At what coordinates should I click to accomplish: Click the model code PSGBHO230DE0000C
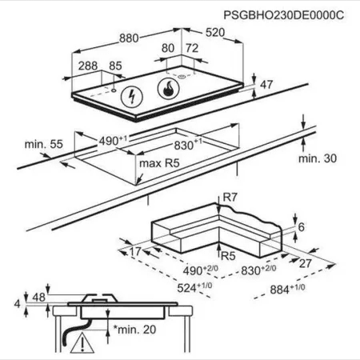pyautogui.click(x=283, y=15)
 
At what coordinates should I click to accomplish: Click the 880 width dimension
pyautogui.click(x=129, y=38)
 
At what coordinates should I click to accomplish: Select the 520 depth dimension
pyautogui.click(x=215, y=32)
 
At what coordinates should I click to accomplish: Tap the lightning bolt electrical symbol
pyautogui.click(x=132, y=97)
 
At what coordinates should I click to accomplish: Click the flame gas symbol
pyautogui.click(x=168, y=88)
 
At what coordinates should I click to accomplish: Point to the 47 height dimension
pyautogui.click(x=266, y=85)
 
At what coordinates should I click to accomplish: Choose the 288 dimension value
pyautogui.click(x=88, y=66)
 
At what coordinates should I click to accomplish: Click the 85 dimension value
pyautogui.click(x=115, y=66)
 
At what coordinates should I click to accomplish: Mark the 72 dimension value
pyautogui.click(x=192, y=48)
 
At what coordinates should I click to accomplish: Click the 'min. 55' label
pyautogui.click(x=44, y=144)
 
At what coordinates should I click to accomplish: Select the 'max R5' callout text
pyautogui.click(x=159, y=163)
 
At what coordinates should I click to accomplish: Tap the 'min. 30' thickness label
pyautogui.click(x=318, y=158)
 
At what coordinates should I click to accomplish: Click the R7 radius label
pyautogui.click(x=230, y=198)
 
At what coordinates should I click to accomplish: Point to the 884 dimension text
pyautogui.click(x=287, y=289)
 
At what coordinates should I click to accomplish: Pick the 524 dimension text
pyautogui.click(x=194, y=287)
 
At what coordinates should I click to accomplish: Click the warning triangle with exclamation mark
pyautogui.click(x=82, y=342)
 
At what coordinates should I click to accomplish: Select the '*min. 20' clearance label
pyautogui.click(x=134, y=330)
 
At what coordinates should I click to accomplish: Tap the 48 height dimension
pyautogui.click(x=38, y=297)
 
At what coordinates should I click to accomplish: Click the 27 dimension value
pyautogui.click(x=306, y=263)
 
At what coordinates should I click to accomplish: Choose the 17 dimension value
pyautogui.click(x=135, y=251)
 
